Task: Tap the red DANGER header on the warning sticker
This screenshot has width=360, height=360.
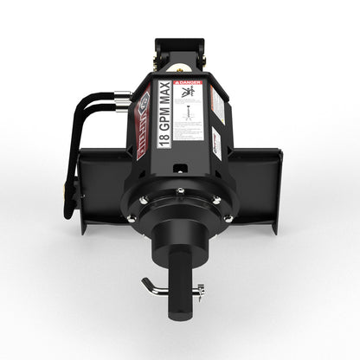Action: (x=190, y=85)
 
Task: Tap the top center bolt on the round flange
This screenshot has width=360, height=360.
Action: (x=179, y=191)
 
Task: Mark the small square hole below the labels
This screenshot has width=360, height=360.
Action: (x=178, y=163)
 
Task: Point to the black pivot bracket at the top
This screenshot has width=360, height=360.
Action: (x=179, y=48)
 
